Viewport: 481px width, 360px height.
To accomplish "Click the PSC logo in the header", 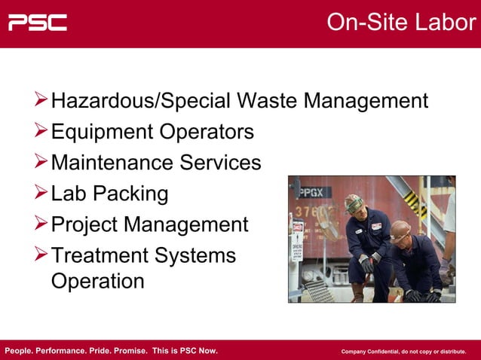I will (38, 23).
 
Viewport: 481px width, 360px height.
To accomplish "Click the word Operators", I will (207, 132).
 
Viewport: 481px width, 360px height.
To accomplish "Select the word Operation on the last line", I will (97, 281).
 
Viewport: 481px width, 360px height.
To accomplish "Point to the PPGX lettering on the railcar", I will (310, 191).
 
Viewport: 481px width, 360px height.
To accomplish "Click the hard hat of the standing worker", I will (354, 202).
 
